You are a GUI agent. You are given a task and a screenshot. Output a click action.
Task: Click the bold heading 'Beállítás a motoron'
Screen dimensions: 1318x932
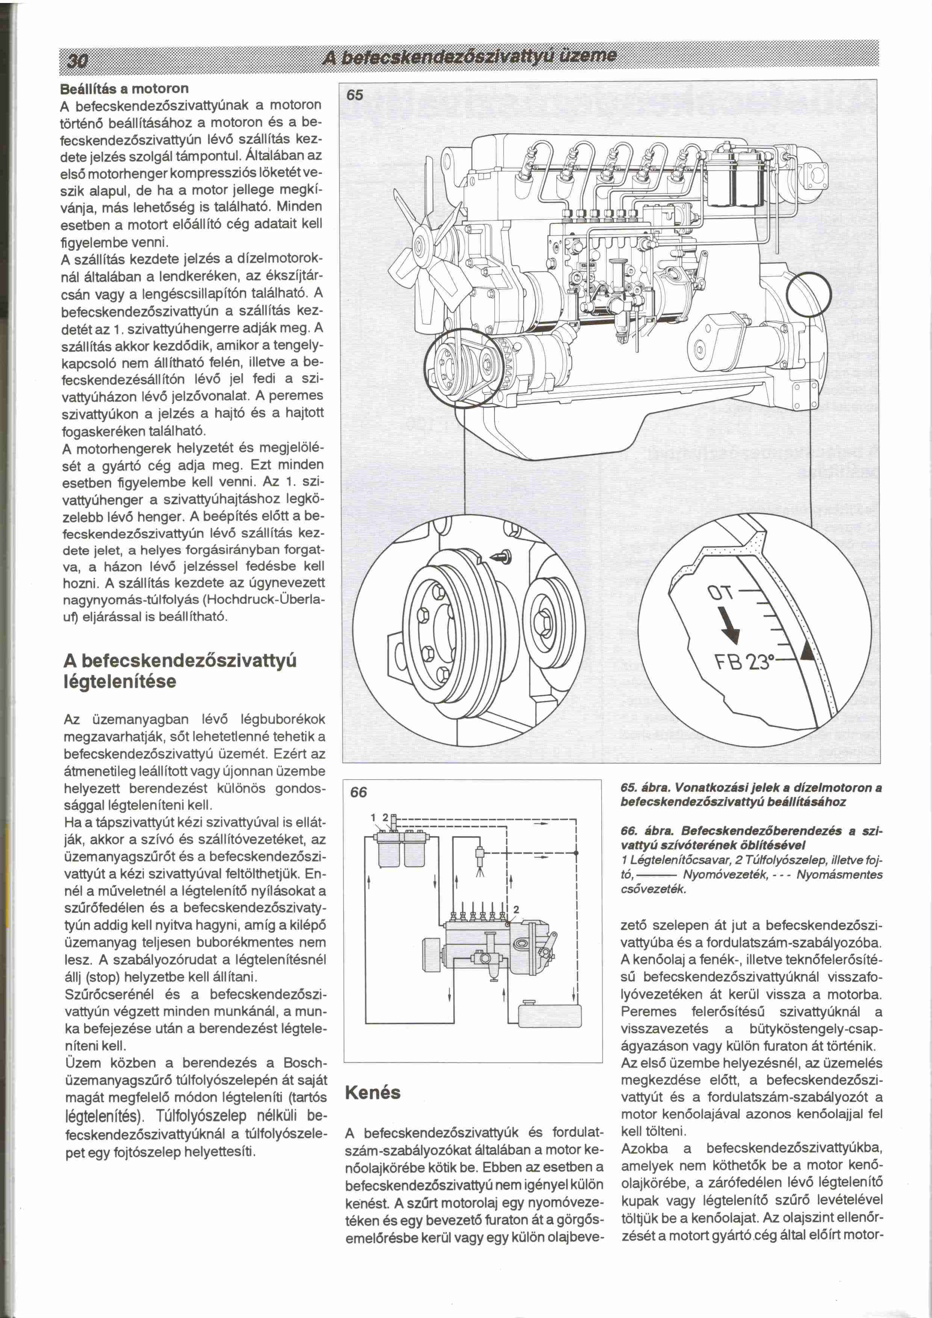coord(124,88)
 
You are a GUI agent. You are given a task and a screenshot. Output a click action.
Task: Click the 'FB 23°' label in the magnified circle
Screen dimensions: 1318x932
coord(746,662)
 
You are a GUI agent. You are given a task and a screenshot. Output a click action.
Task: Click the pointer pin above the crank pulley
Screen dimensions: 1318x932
coord(504,557)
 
